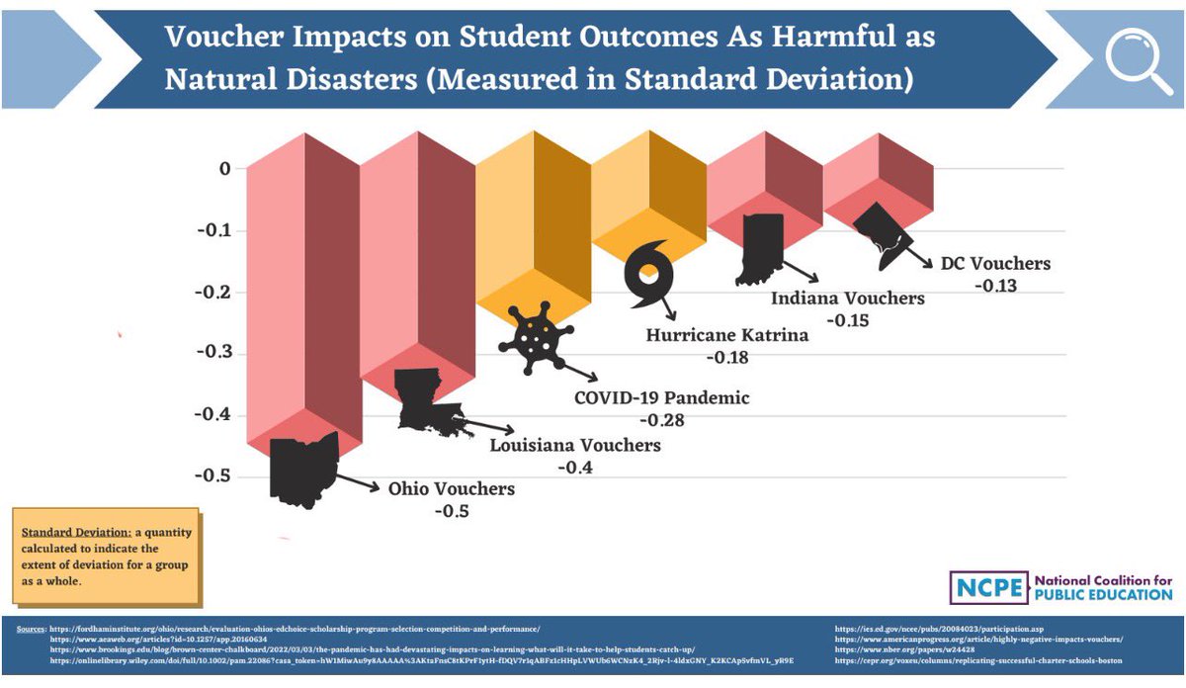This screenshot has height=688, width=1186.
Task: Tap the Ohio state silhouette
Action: pos(302,469)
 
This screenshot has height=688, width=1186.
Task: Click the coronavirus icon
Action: pos(535,336)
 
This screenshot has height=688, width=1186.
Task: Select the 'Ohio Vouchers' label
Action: pos(451,489)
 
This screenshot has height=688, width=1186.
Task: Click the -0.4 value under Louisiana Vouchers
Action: pos(575,468)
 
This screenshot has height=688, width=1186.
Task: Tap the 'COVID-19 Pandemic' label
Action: pos(661,398)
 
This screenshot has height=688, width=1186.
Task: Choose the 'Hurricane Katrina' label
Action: pos(726,335)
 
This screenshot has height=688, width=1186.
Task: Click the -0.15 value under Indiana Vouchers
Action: pos(848,320)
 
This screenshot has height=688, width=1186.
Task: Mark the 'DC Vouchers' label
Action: pos(995,264)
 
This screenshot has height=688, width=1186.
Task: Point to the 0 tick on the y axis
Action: pos(225,169)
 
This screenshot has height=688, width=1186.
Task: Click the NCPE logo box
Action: pos(989,587)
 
